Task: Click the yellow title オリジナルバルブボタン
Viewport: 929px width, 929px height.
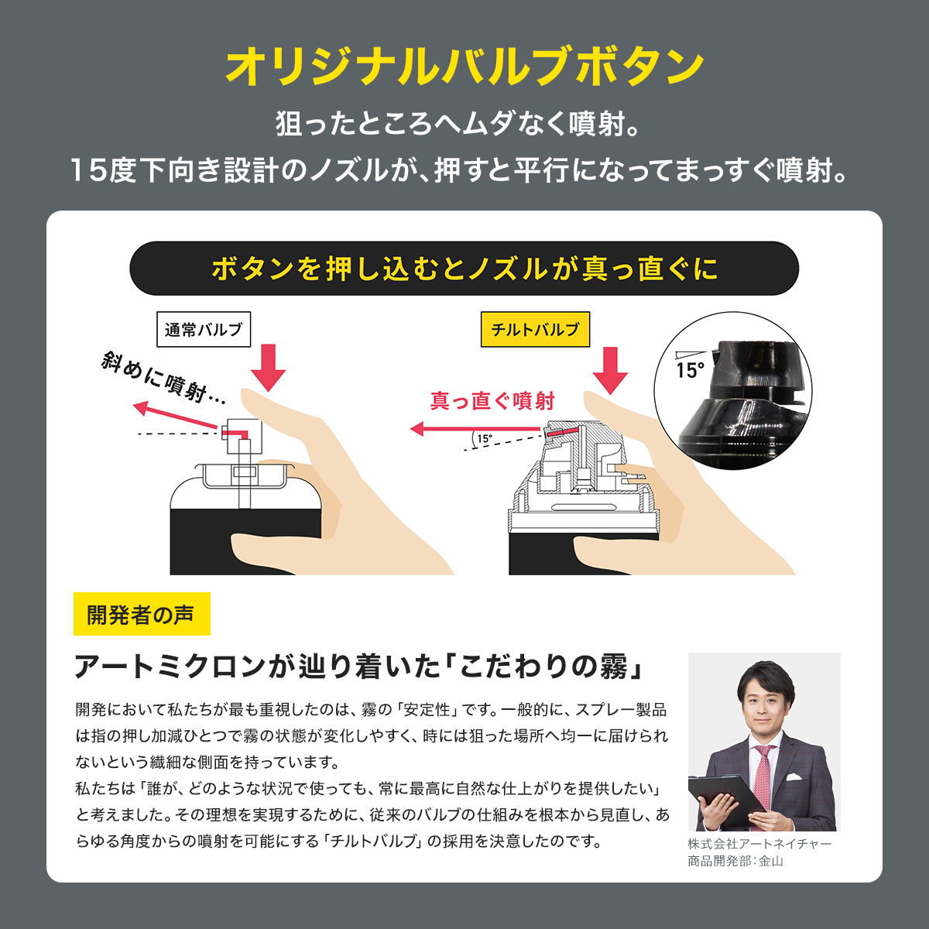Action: [x=464, y=66]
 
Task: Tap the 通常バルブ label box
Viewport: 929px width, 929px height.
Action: [x=204, y=329]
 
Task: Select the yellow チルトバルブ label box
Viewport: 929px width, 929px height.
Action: [x=535, y=329]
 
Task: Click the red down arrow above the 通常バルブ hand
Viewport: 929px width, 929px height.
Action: [x=269, y=368]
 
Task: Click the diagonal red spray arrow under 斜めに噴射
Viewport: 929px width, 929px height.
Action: [x=176, y=415]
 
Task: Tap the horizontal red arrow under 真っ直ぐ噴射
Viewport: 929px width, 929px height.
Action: [x=475, y=428]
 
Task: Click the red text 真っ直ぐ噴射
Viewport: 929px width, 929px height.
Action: [x=492, y=401]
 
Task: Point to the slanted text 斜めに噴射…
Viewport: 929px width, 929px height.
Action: [x=163, y=379]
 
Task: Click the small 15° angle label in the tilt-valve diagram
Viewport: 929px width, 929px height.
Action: [x=485, y=439]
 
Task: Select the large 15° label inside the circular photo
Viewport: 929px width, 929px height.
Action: [x=690, y=370]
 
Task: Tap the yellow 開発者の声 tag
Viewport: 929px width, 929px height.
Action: [x=142, y=614]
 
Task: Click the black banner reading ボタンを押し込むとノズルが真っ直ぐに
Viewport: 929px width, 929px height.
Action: [x=464, y=268]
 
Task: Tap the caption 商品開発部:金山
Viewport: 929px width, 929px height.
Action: [x=735, y=861]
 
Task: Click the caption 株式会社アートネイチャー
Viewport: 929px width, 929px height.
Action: [x=759, y=844]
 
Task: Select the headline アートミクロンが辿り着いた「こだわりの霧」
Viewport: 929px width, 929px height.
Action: [x=359, y=667]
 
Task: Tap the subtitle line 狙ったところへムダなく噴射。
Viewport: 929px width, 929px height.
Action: [x=458, y=123]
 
